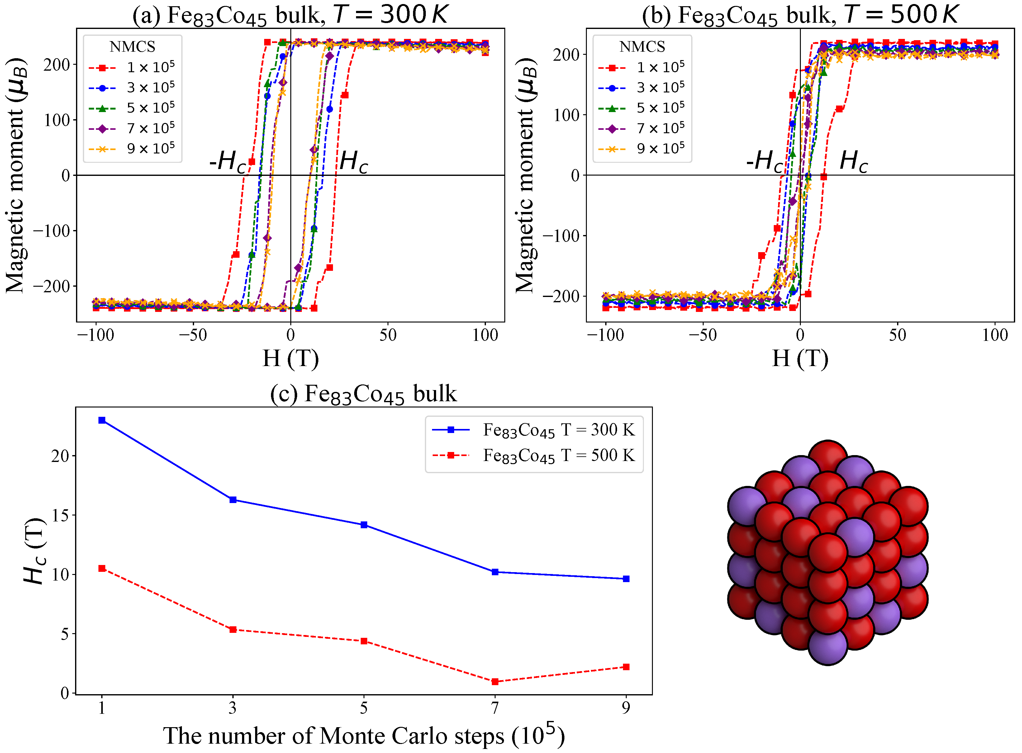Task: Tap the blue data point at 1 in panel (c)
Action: click(102, 420)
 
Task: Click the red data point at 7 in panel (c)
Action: click(495, 682)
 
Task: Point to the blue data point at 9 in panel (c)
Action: click(626, 579)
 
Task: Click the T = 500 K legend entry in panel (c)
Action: click(534, 455)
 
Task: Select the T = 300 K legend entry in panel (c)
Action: click(534, 430)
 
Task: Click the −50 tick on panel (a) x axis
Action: click(193, 335)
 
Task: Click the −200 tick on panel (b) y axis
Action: click(560, 296)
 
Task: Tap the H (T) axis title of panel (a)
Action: click(291, 358)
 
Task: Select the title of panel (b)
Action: click(800, 15)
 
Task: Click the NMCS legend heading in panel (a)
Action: click(132, 46)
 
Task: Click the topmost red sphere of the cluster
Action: click(827, 458)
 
